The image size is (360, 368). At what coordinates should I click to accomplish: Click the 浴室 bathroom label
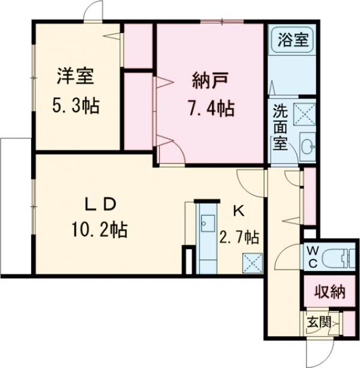(293, 40)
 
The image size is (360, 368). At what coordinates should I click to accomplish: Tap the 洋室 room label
(74, 78)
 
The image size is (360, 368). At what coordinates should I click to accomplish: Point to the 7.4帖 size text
(209, 108)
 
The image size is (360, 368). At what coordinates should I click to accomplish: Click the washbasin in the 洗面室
(308, 146)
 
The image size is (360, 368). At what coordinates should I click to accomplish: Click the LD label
(98, 204)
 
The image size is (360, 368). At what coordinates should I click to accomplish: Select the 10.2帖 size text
(100, 230)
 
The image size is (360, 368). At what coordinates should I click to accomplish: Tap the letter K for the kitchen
(238, 210)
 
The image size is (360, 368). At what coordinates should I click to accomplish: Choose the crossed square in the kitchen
(251, 262)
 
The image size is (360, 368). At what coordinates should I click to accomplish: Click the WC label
(313, 257)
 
